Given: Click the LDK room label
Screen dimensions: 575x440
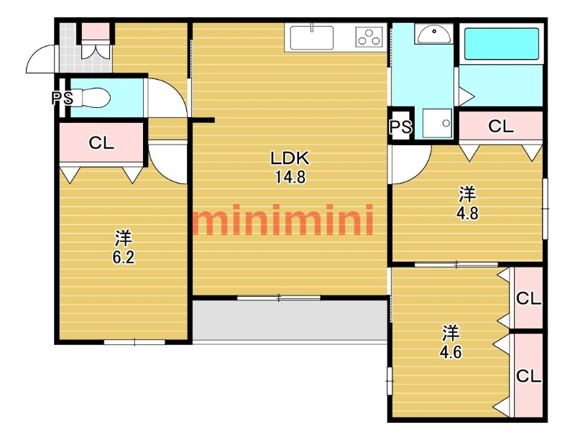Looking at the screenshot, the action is point(290,158).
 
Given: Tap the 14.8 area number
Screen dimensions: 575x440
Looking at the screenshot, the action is point(290,177).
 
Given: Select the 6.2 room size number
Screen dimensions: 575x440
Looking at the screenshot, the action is point(124,257).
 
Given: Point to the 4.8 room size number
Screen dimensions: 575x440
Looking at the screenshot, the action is point(468,213).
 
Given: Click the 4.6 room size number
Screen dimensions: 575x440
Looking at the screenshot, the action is point(451,352).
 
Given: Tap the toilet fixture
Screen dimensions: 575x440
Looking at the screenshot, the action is point(91,98).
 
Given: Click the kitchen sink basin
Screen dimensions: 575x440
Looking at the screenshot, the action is point(312,38).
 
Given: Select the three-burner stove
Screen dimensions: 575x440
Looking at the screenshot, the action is point(369,37).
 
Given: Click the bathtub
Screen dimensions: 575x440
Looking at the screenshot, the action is point(502,44).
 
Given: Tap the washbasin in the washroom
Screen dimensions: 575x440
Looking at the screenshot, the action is point(434,34).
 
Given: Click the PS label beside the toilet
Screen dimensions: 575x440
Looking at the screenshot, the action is point(63,98).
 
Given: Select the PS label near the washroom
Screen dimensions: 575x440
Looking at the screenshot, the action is point(401,127).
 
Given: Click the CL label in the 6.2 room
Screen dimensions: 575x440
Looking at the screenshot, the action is point(101,142).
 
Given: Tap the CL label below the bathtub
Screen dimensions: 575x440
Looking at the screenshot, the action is point(501,127).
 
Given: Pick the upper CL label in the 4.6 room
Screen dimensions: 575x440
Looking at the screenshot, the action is point(529,299).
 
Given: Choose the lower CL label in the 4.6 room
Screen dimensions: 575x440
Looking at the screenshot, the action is point(529,376).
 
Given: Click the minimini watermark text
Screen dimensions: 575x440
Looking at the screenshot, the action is point(283,220).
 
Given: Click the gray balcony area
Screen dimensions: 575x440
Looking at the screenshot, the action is point(290,320).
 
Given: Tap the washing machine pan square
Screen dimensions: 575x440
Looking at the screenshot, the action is point(437,123).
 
